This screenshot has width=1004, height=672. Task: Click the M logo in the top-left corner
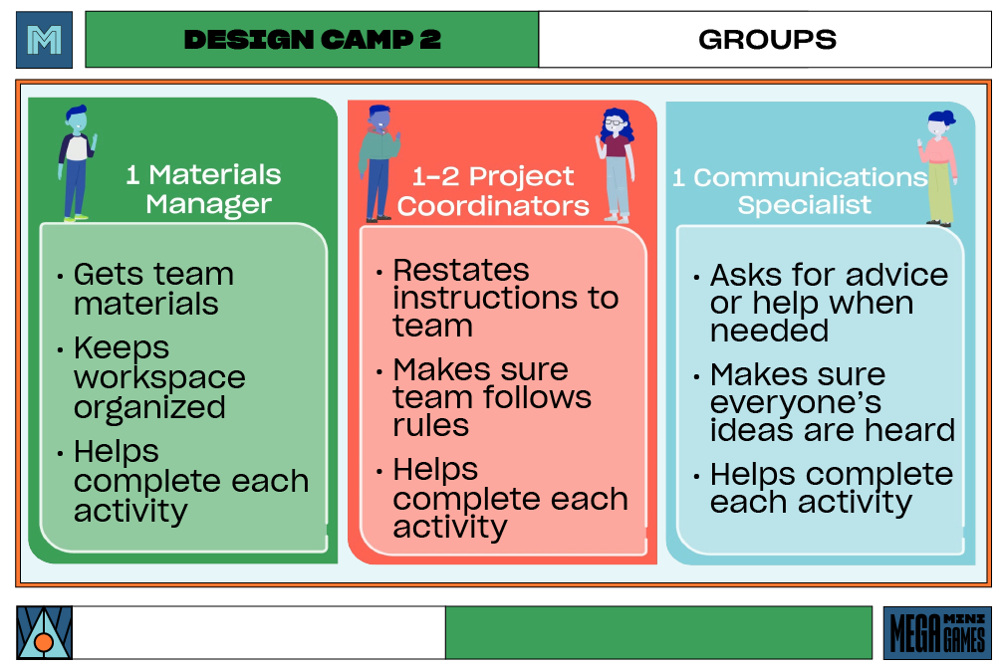(44, 40)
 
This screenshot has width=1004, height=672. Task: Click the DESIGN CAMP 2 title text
(312, 40)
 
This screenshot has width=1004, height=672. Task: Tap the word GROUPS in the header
(767, 40)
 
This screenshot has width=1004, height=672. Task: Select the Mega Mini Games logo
(937, 633)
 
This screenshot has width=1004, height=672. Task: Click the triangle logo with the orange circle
(44, 633)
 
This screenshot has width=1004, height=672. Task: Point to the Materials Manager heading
(203, 189)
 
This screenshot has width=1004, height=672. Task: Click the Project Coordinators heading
(493, 191)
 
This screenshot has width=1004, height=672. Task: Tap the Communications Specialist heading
(800, 191)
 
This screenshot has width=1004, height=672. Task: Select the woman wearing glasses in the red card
(616, 164)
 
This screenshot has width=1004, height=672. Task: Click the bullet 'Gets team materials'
(152, 289)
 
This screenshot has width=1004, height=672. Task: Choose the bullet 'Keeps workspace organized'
(158, 378)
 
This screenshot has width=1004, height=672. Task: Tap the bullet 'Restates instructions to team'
(504, 298)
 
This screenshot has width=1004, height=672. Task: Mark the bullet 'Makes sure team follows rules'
(491, 397)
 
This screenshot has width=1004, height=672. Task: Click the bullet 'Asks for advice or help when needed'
(828, 303)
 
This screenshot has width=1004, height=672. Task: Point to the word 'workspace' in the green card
(159, 378)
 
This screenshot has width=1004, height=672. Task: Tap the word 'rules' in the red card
(430, 425)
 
